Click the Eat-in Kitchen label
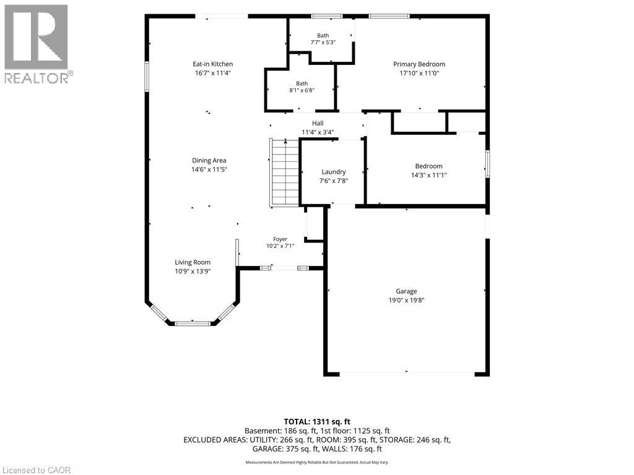point(213,64)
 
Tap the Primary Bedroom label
point(419,64)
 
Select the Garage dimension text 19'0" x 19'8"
point(406,300)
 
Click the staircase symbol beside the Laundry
point(285,173)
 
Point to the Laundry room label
point(334,172)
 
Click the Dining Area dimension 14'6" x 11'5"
point(209,169)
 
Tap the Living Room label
point(193,262)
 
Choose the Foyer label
point(280,239)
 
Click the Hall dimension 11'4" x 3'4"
point(318,132)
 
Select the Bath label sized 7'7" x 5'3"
point(323,35)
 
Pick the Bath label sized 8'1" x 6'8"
point(302,83)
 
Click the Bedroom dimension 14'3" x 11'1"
point(428,175)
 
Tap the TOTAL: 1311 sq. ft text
point(317,422)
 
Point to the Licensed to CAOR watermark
point(36,470)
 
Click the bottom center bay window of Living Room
point(193,323)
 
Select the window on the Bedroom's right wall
point(488,163)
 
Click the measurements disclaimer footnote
point(317,462)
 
